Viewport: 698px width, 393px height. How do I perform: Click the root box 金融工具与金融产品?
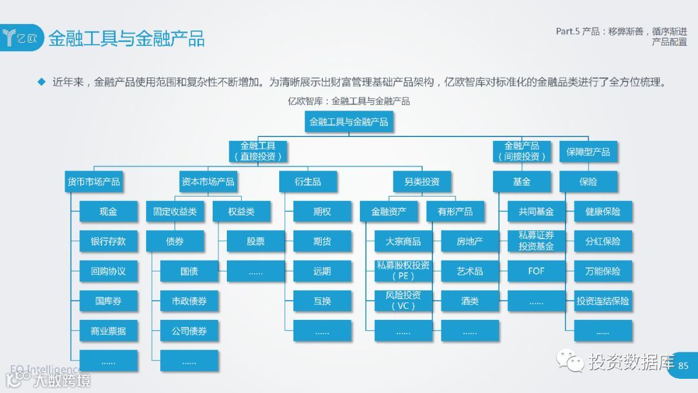[349, 122]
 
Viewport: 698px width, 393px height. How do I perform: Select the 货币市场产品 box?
[94, 182]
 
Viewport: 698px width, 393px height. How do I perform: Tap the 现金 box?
[109, 211]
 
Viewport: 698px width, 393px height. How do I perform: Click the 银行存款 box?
[109, 241]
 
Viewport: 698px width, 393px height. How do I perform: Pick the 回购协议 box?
[109, 271]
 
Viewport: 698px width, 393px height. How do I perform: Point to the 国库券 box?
[109, 301]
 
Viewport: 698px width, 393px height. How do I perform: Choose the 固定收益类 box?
[175, 211]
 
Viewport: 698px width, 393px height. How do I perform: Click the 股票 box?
[256, 241]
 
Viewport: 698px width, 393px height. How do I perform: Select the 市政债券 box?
[189, 301]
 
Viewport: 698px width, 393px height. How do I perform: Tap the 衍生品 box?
[308, 182]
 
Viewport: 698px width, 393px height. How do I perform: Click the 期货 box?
[322, 241]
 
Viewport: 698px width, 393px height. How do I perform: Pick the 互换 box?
[322, 301]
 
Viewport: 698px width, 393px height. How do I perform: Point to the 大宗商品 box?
[403, 241]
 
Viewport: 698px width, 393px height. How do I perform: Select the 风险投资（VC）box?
[403, 301]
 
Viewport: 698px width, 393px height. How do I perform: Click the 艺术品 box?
[470, 271]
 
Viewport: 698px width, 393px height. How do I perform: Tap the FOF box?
[536, 271]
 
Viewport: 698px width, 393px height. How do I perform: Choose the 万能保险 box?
[602, 271]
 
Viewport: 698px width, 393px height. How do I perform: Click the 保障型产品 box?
[588, 152]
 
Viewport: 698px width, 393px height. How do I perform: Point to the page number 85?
[684, 366]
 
